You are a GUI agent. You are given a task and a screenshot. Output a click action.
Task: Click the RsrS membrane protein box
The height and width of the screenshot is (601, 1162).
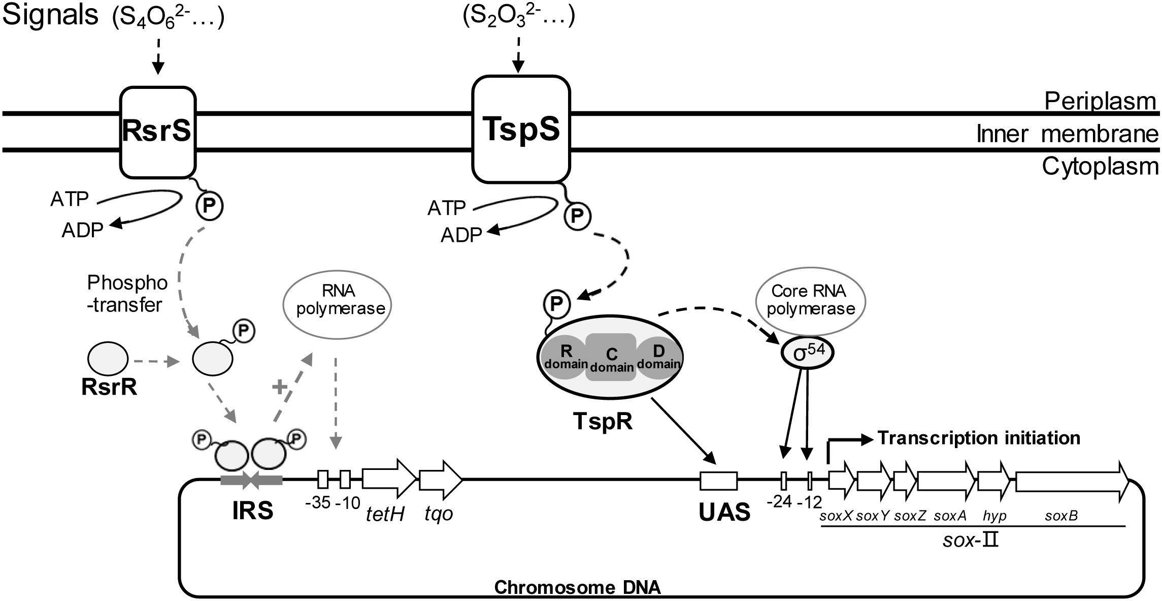click(157, 132)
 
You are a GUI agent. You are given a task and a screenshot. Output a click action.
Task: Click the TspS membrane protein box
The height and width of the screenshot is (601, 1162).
click(521, 130)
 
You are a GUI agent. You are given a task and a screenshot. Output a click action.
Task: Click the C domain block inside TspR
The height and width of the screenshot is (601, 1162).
click(611, 357)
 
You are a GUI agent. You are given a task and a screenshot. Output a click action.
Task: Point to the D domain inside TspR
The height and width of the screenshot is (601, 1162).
click(658, 357)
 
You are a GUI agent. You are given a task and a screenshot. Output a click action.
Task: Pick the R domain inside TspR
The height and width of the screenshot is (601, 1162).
click(565, 357)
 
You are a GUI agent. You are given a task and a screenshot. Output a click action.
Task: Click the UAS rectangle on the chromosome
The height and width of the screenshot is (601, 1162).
click(718, 480)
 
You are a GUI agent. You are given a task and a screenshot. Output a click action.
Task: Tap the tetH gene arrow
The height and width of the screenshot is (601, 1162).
click(389, 479)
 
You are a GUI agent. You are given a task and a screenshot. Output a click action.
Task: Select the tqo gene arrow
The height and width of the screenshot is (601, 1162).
click(440, 480)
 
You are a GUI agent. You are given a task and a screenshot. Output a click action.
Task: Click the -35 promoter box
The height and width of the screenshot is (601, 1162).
click(323, 479)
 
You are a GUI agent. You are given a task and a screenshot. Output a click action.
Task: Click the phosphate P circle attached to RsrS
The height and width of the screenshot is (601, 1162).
click(210, 206)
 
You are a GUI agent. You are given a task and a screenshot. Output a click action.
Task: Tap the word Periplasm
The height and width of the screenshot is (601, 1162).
click(1100, 102)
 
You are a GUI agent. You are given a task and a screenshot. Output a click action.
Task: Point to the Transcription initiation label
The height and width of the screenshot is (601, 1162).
click(979, 437)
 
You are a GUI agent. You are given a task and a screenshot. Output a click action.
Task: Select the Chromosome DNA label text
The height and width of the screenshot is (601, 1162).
click(577, 588)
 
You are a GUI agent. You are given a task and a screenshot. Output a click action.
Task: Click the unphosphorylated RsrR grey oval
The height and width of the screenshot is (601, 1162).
click(108, 359)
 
